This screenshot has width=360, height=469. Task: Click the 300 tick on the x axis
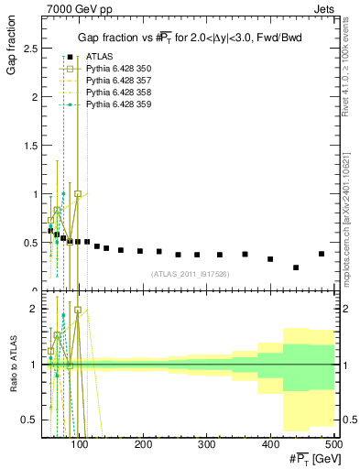point(269,444)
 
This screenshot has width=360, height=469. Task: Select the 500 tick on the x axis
point(333,444)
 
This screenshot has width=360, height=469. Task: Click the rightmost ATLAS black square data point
point(322,254)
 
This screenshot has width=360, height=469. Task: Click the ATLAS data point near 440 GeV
point(296,267)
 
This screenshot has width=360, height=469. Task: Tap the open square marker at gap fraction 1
point(78,194)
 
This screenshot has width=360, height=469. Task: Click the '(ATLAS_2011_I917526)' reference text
point(189,274)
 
